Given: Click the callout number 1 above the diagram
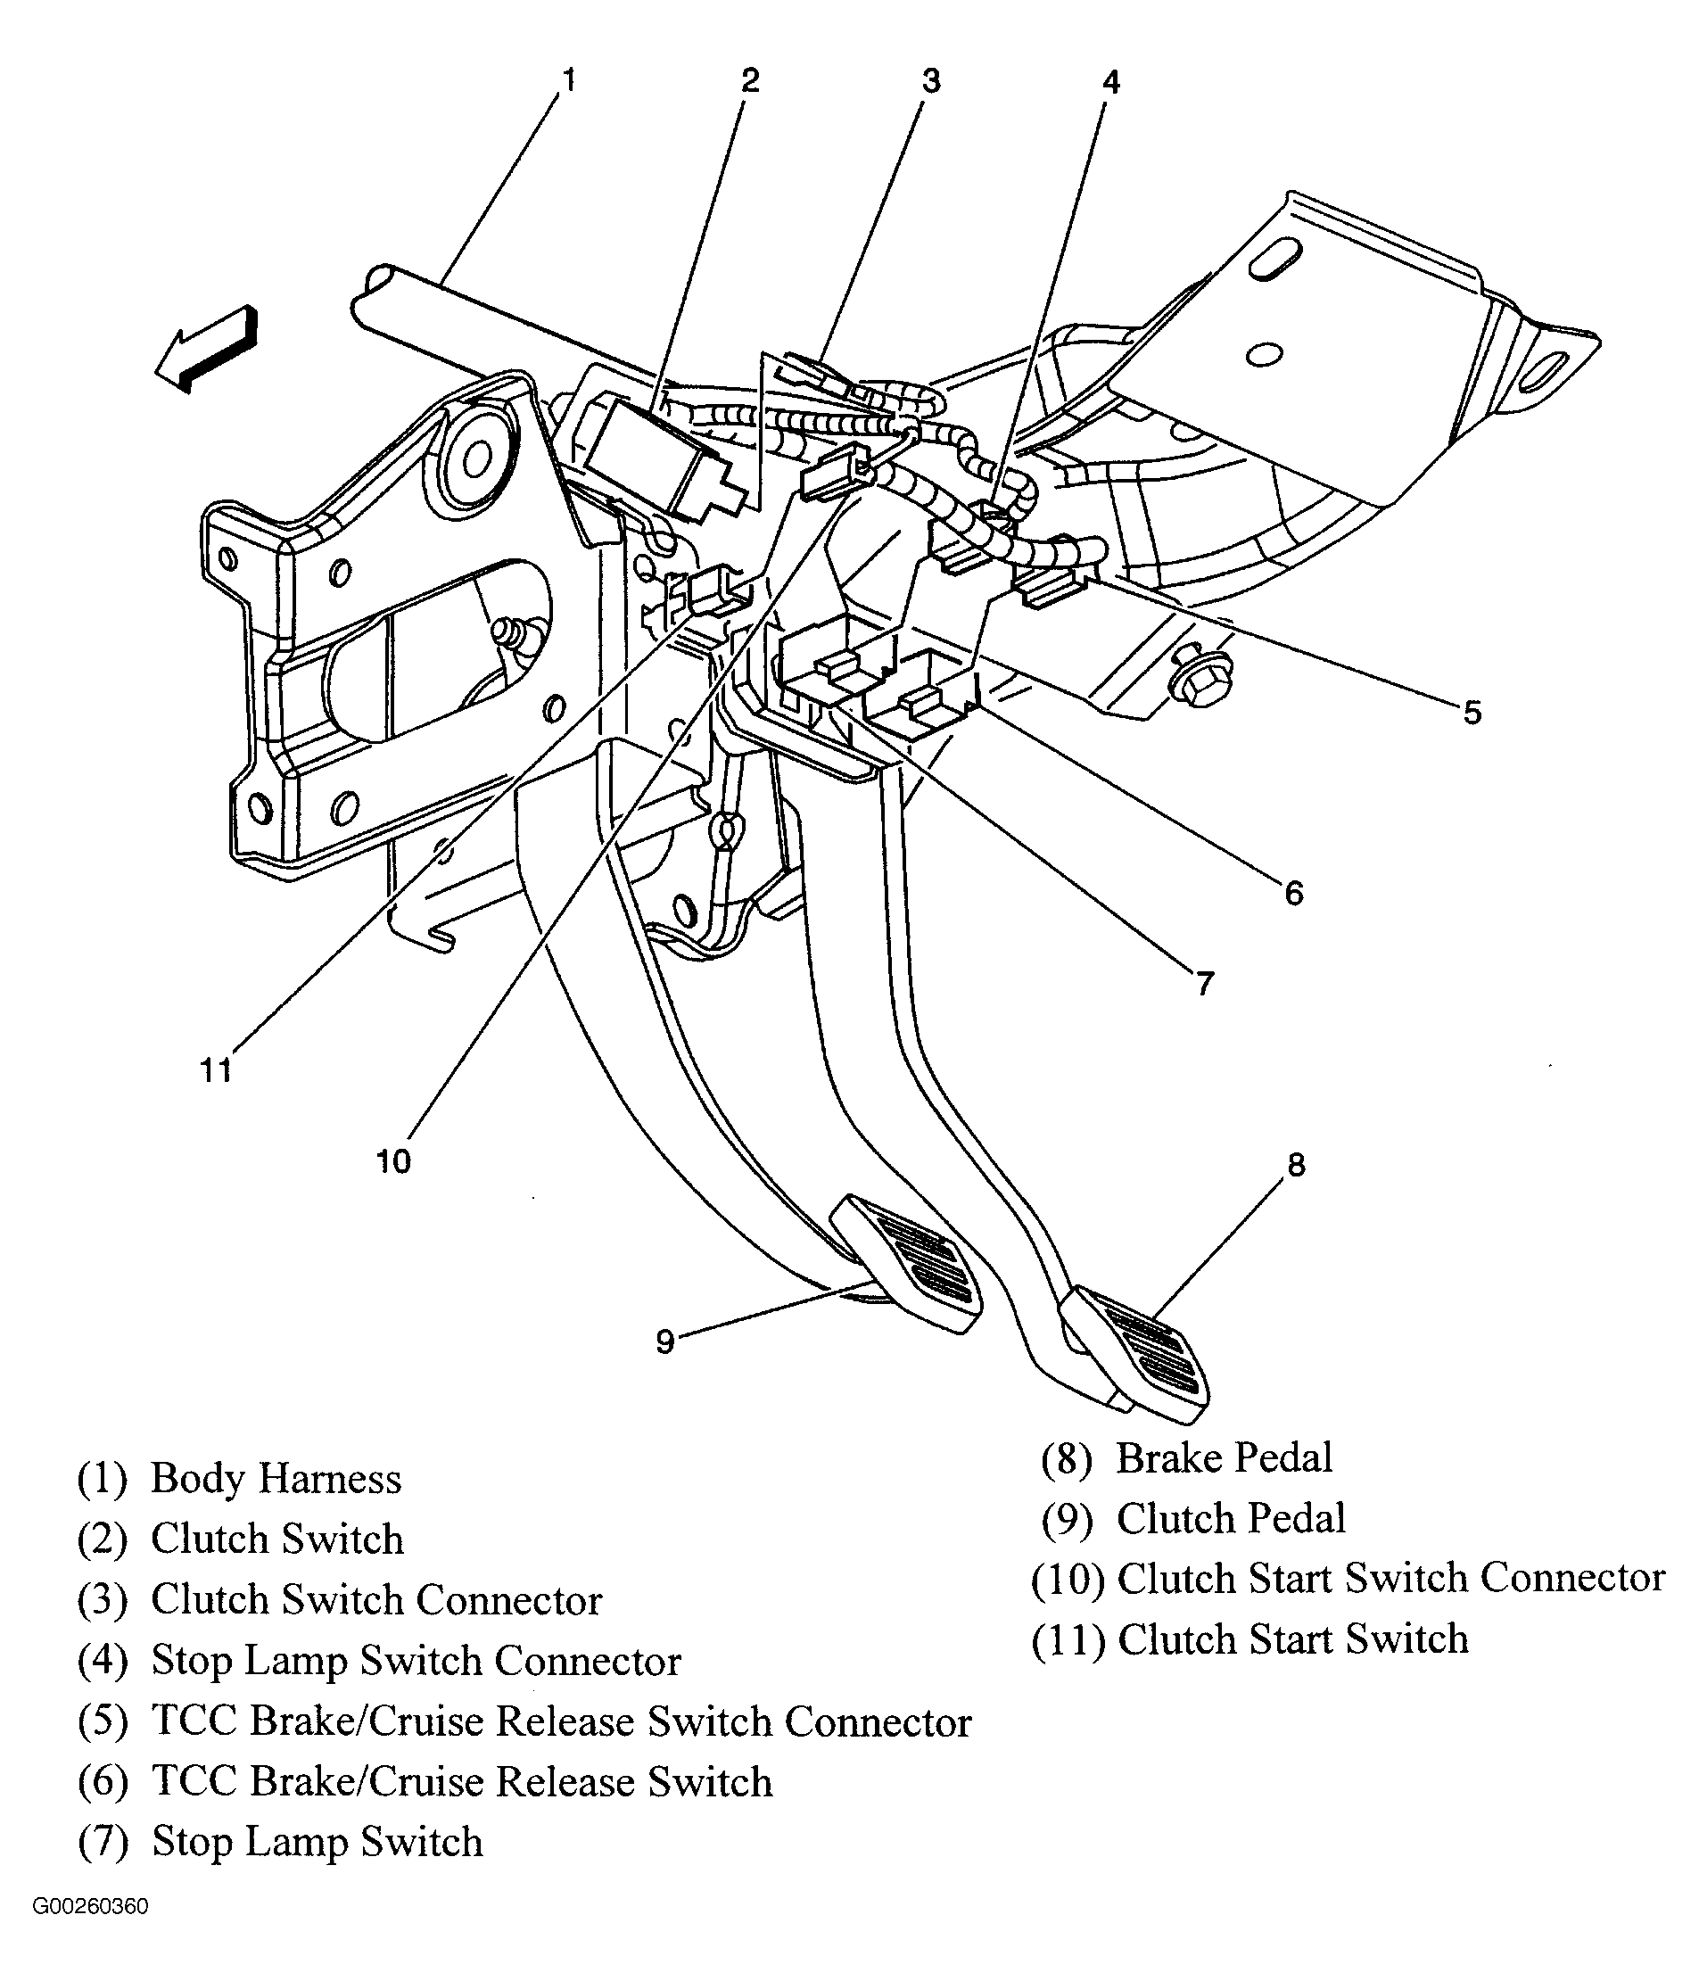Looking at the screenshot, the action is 569,80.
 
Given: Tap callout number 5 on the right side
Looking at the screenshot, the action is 1472,713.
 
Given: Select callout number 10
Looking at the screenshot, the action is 393,1161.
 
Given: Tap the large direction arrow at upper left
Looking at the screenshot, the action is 207,349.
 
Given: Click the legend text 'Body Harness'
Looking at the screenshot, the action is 276,1478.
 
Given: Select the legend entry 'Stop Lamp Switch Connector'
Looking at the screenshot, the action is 416,1661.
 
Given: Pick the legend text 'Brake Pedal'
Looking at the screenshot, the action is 1224,1458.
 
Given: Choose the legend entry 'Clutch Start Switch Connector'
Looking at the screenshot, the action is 1391,1578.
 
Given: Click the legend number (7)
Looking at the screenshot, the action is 103,1843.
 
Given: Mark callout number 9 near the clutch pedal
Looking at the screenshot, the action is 665,1342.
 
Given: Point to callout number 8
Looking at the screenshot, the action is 1296,1165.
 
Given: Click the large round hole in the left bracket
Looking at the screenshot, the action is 475,460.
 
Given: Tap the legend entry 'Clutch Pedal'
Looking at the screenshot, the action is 1232,1518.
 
